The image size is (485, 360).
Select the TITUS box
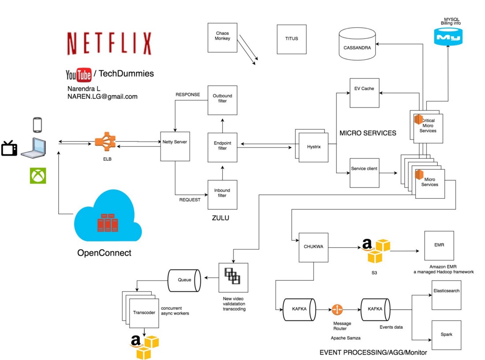point(291,39)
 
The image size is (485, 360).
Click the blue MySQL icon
point(448,36)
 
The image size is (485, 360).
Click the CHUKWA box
point(313,247)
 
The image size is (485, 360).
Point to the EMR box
point(439,245)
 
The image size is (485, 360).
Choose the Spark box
point(446,335)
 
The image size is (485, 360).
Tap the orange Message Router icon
point(337,310)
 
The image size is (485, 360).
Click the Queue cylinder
point(184,279)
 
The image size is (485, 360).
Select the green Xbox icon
point(37,175)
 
